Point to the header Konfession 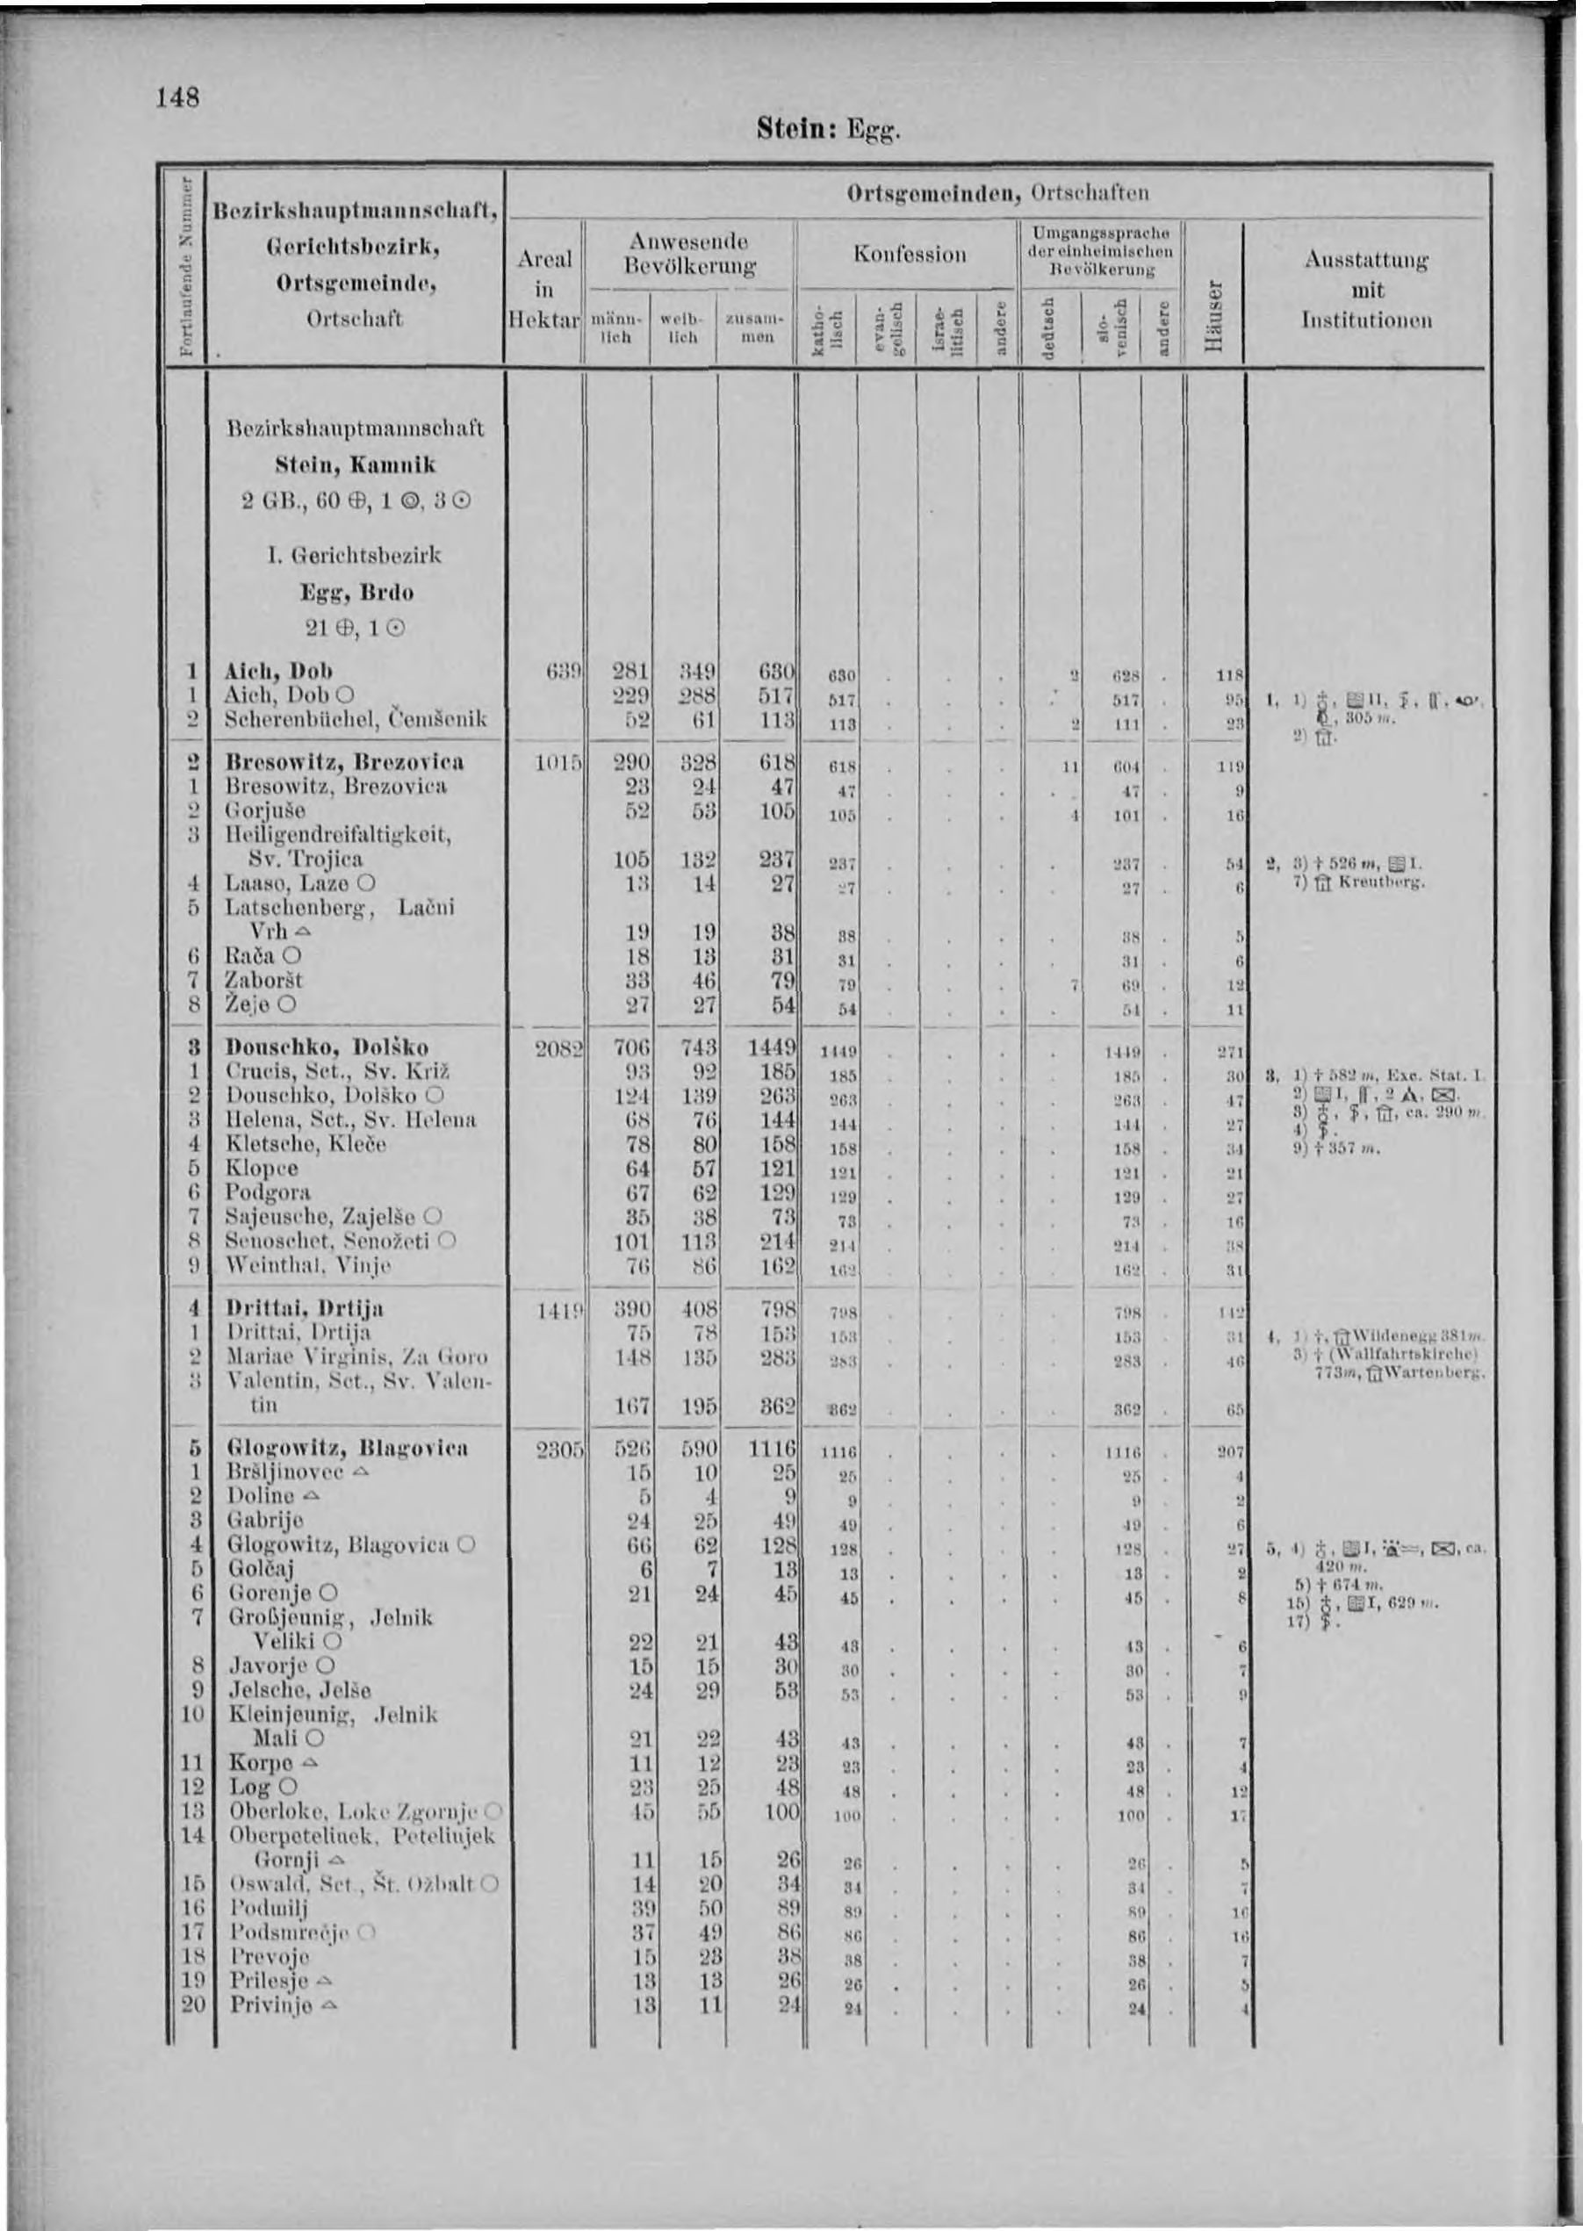[909, 255]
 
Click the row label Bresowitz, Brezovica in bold [345, 760]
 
